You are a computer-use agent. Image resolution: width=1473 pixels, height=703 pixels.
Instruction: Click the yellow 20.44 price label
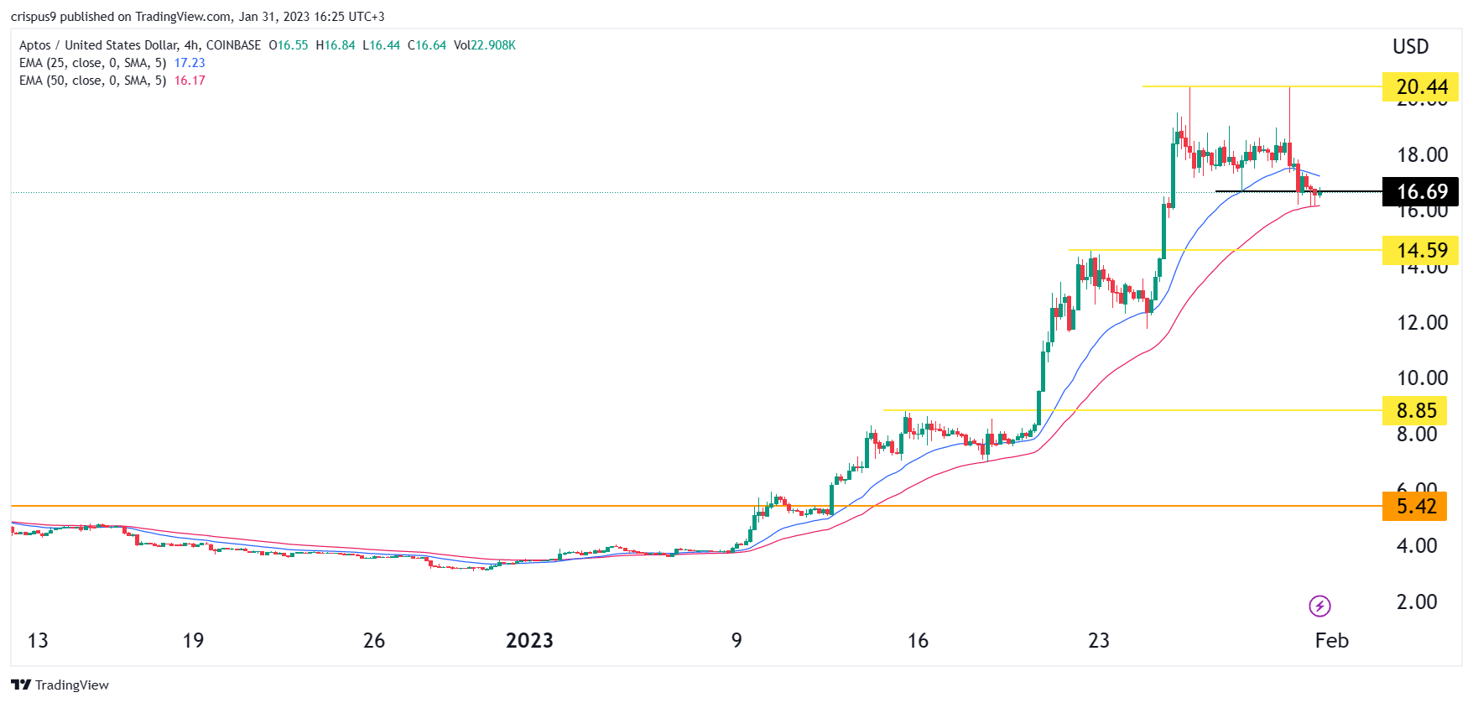coord(1421,87)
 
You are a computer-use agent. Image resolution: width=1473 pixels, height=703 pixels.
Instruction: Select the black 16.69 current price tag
coord(1421,192)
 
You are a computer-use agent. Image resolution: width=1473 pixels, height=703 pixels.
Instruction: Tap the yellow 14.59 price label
coord(1421,251)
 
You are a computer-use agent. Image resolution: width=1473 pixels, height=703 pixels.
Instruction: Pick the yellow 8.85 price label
coord(1416,411)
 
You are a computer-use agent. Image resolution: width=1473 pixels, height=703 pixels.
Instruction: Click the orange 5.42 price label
coord(1416,507)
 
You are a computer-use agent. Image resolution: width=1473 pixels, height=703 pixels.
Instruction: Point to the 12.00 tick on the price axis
coord(1422,323)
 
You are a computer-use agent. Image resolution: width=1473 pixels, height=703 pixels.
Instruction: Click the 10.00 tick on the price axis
coord(1422,378)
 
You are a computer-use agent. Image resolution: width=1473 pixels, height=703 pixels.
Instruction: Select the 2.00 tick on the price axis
coord(1417,602)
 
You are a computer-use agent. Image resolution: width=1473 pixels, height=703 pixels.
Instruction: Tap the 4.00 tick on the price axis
coord(1417,546)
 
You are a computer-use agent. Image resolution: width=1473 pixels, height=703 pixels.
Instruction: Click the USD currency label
coord(1410,47)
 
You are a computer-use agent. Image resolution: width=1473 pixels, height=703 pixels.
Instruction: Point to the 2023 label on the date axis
coord(529,641)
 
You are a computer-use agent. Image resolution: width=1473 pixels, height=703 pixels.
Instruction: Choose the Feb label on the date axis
coord(1331,641)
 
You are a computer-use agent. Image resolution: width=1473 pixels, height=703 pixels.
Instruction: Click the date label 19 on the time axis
coord(193,641)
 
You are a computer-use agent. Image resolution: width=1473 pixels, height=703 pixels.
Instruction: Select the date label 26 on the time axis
coord(374,641)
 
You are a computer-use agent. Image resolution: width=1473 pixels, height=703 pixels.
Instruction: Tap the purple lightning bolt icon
coord(1319,606)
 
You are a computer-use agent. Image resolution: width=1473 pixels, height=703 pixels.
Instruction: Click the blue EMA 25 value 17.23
coord(190,63)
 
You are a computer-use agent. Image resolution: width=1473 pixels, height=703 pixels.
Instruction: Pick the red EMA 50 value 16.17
coord(190,81)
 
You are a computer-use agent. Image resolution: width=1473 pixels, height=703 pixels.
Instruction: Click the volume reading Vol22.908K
coord(485,45)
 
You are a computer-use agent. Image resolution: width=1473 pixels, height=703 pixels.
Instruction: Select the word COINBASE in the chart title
coord(233,45)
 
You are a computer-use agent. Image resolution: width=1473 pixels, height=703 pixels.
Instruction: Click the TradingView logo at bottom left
coord(60,685)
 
